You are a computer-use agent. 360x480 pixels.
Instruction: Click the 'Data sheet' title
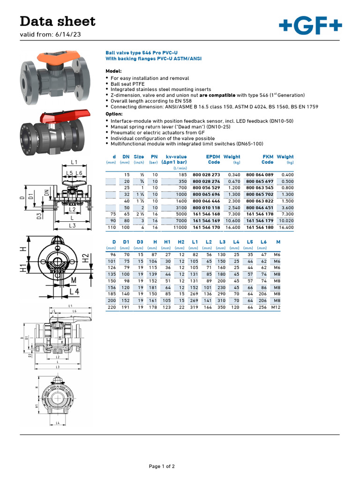[58, 21]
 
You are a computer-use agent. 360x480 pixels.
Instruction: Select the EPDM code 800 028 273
[206, 175]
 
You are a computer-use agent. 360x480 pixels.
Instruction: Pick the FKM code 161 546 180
[260, 227]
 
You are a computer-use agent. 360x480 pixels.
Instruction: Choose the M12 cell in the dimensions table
[277, 307]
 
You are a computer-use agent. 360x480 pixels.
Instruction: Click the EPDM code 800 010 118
[206, 208]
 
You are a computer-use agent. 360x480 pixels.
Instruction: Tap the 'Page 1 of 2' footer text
[162, 466]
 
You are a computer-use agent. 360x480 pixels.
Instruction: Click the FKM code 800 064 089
[260, 175]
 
